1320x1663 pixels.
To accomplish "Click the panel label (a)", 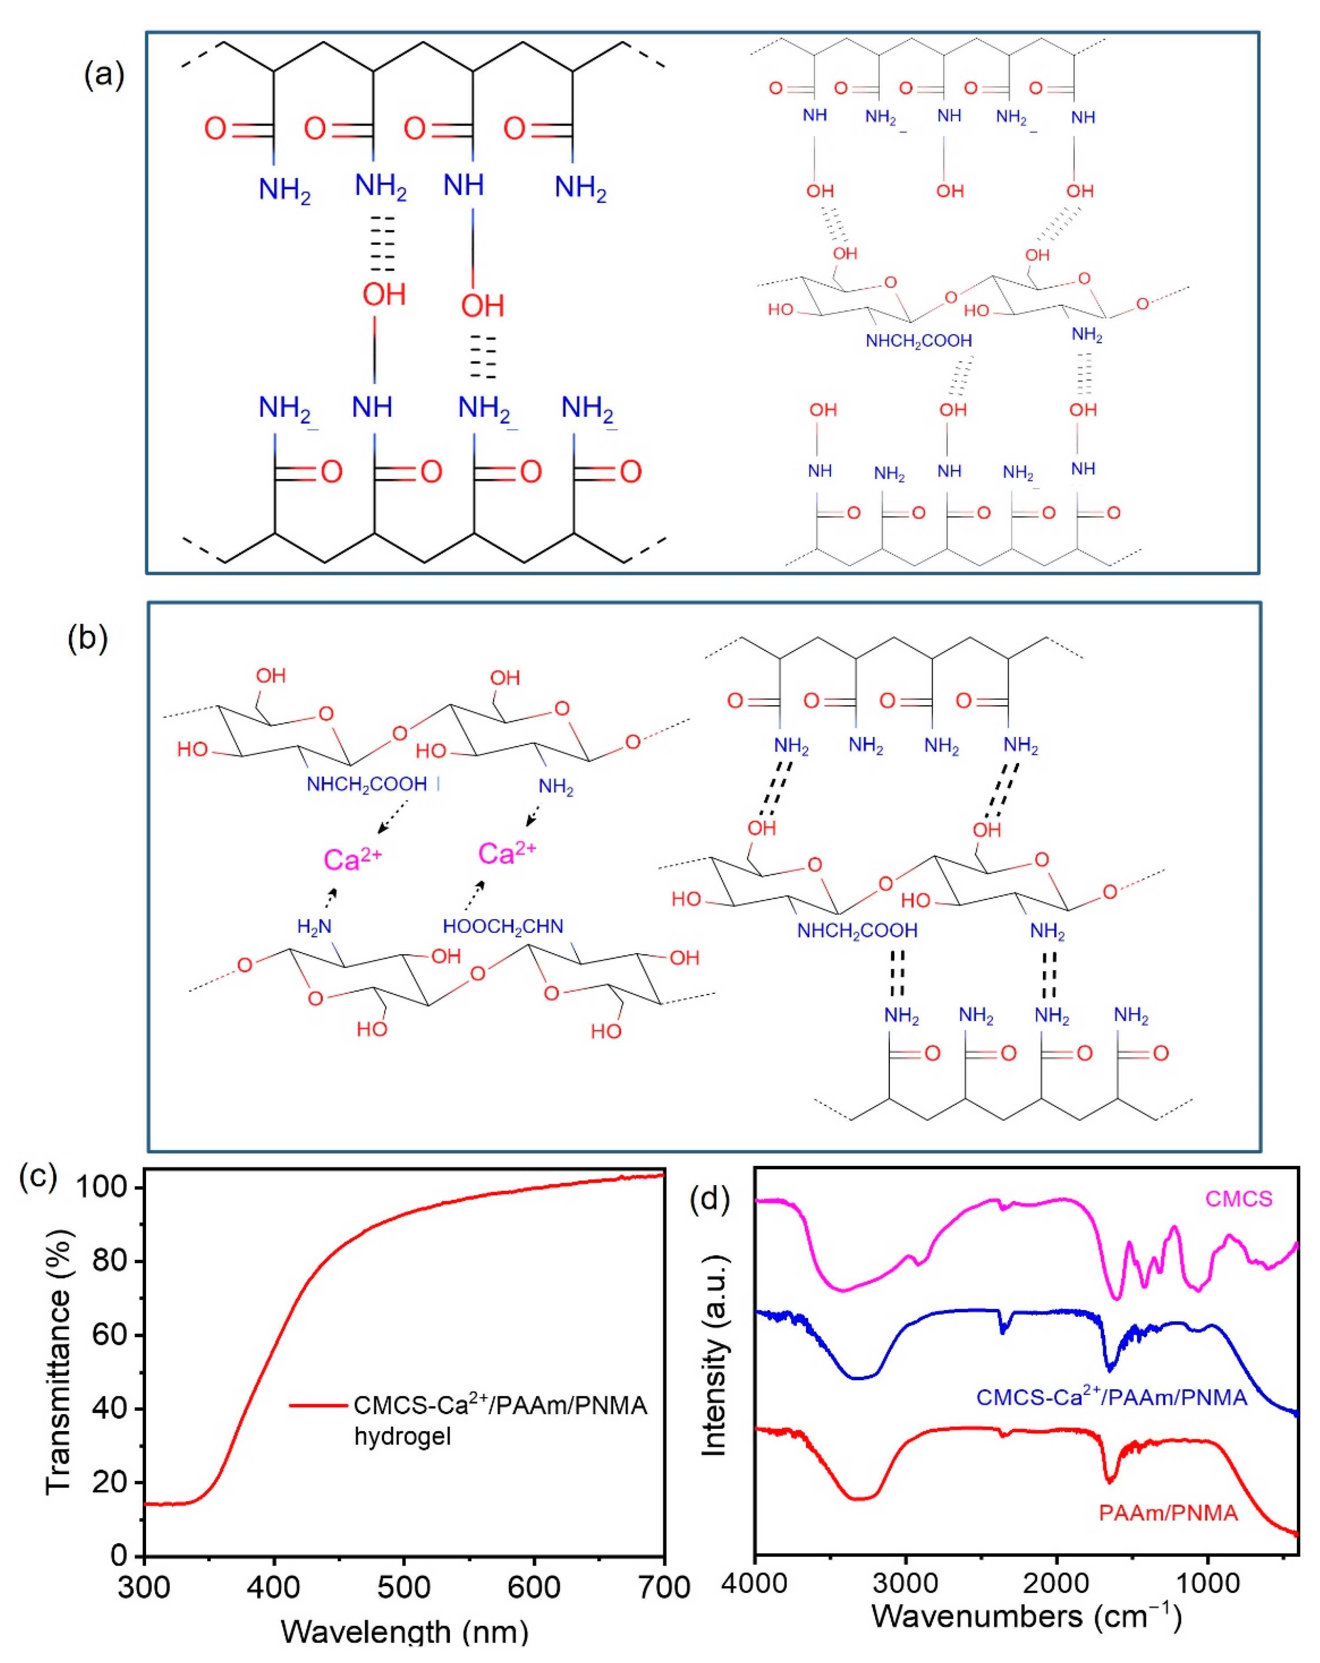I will [103, 75].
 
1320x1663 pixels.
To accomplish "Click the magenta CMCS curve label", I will [1238, 1198].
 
